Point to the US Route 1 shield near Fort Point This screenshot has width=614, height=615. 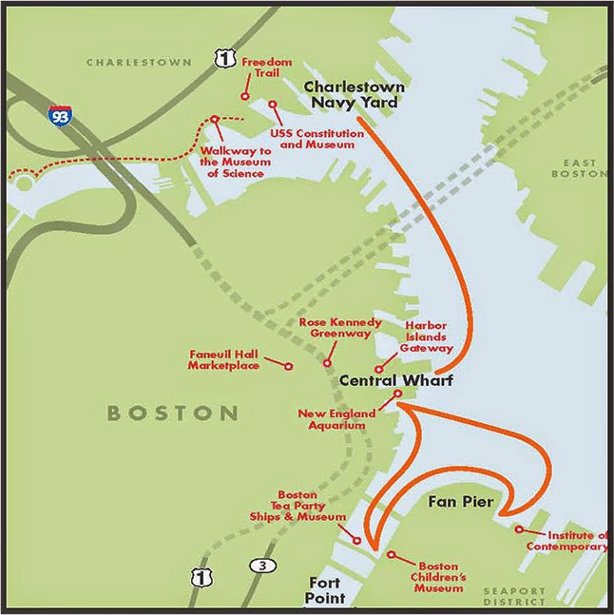[x=198, y=577]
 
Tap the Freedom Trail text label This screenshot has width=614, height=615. [x=266, y=68]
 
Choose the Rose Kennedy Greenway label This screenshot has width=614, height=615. [x=340, y=328]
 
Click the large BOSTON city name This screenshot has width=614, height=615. [x=172, y=413]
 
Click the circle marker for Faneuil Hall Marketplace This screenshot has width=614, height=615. [x=289, y=363]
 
